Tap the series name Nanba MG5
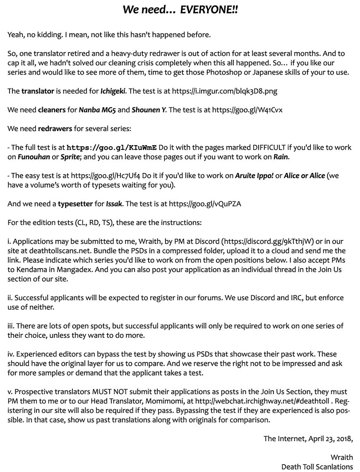(x=98, y=110)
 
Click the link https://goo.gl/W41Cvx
(x=247, y=110)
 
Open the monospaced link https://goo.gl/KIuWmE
(x=112, y=147)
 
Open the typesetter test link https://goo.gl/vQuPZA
(x=205, y=204)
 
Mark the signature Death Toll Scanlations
(x=317, y=467)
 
